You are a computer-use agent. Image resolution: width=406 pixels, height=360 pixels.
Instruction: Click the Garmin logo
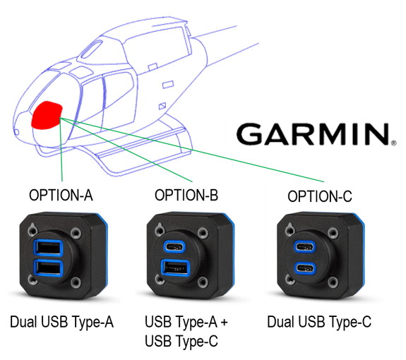tap(316, 134)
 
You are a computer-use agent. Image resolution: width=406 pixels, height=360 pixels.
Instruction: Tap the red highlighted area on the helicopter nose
tap(47, 115)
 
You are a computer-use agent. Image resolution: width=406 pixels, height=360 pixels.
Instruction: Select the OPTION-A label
tap(61, 195)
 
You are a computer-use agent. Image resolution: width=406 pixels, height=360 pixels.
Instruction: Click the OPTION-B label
tap(186, 195)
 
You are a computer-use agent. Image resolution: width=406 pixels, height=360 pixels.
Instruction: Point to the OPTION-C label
tap(320, 196)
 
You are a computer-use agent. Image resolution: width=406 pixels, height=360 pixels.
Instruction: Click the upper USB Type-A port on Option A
tap(48, 248)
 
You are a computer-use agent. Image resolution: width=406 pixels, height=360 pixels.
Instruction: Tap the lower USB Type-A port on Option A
tap(48, 268)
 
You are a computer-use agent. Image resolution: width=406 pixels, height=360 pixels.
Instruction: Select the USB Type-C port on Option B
tap(174, 246)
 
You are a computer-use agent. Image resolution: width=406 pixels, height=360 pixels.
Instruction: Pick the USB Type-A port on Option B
tap(175, 268)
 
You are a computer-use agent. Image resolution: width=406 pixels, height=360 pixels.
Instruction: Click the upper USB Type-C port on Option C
tap(305, 246)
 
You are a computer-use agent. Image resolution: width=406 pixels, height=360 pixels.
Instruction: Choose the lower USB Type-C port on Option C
tap(305, 268)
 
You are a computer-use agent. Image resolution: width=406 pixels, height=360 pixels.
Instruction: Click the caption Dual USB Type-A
tap(61, 322)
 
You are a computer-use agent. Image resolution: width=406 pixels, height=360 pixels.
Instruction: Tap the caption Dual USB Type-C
tap(319, 322)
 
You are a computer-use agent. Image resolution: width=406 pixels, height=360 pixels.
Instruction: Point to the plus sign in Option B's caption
tap(224, 323)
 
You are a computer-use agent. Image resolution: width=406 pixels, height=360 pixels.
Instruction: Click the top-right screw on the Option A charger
tap(76, 233)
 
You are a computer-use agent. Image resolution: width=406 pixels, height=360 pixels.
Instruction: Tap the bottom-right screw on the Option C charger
tap(333, 282)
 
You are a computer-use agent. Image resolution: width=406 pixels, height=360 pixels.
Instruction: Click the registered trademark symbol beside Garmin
tap(393, 143)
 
